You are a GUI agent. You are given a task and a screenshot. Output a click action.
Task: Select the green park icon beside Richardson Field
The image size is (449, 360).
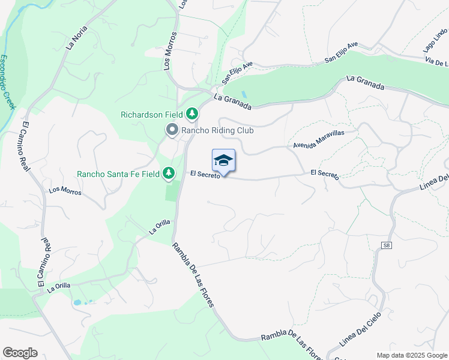coord(192,113)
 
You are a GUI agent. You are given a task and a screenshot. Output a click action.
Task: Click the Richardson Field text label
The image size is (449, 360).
coord(152,114)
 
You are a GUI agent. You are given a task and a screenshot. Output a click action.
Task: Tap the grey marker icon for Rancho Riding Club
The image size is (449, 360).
coord(172,130)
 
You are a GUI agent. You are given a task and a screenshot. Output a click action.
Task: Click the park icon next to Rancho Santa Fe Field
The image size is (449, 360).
coord(169,173)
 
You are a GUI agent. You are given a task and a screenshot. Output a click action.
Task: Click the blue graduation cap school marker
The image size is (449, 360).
coord(223,160)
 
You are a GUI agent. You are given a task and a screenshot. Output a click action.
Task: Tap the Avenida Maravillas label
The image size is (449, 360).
coord(318,140)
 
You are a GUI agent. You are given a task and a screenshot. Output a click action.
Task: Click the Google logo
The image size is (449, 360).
coord(20,353)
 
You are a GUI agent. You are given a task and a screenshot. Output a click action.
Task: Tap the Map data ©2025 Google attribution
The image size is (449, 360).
coord(411,355)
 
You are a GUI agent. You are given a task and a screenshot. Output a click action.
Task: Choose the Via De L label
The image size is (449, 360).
coord(436,62)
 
